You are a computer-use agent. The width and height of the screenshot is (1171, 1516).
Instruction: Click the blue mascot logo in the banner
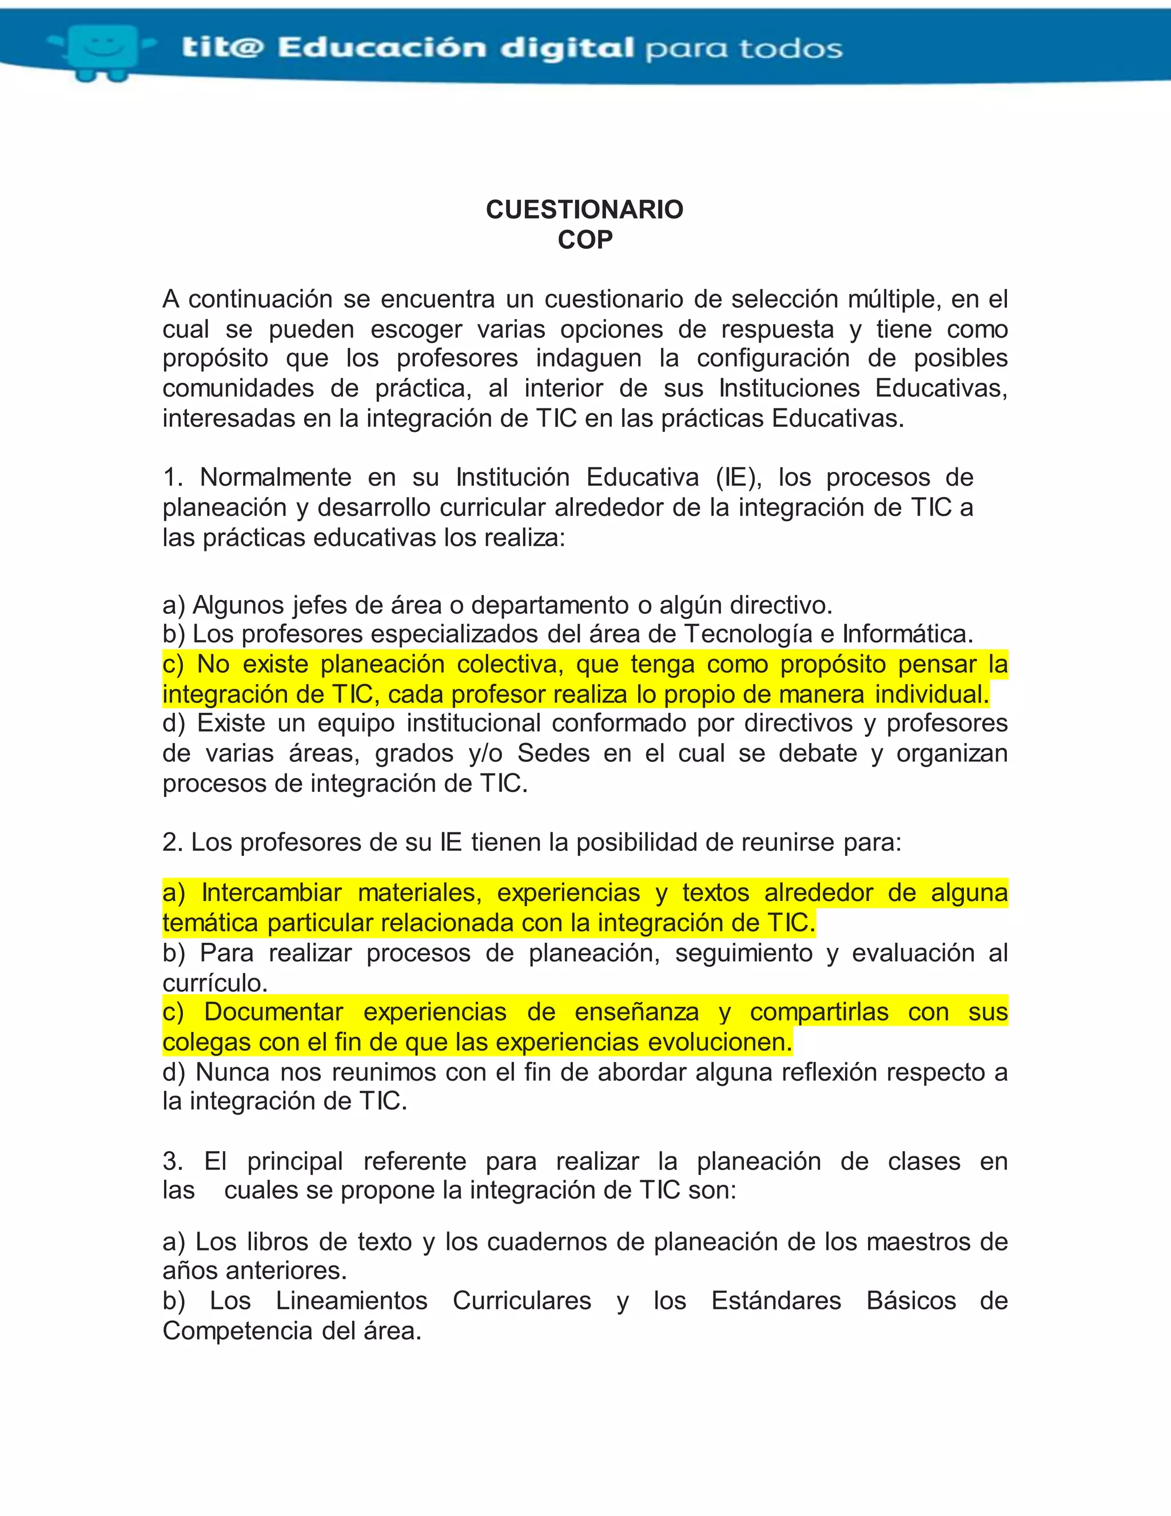104,50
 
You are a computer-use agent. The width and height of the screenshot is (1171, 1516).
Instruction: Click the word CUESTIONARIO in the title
584,209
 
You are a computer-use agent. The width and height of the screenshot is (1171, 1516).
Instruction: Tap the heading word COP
585,240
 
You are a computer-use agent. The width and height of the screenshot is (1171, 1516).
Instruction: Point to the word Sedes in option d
553,753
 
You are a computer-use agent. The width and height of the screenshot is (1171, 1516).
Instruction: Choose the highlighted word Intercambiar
272,892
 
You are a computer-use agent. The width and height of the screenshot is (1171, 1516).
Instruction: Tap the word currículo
214,983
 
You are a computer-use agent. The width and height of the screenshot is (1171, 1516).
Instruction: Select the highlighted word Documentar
273,1012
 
